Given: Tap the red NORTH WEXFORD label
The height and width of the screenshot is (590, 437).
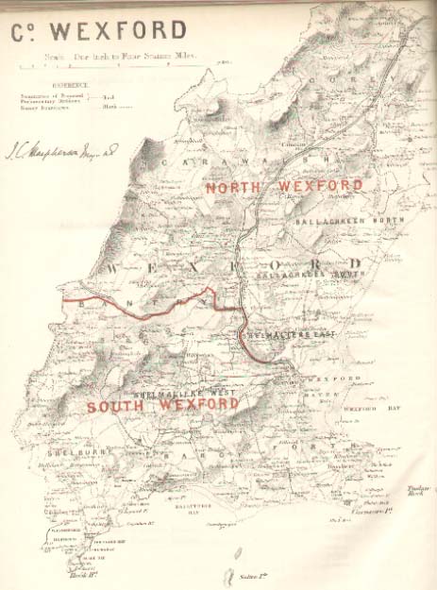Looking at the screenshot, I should point(283,186).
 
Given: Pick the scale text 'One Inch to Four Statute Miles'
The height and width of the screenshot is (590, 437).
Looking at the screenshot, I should point(118,59).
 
